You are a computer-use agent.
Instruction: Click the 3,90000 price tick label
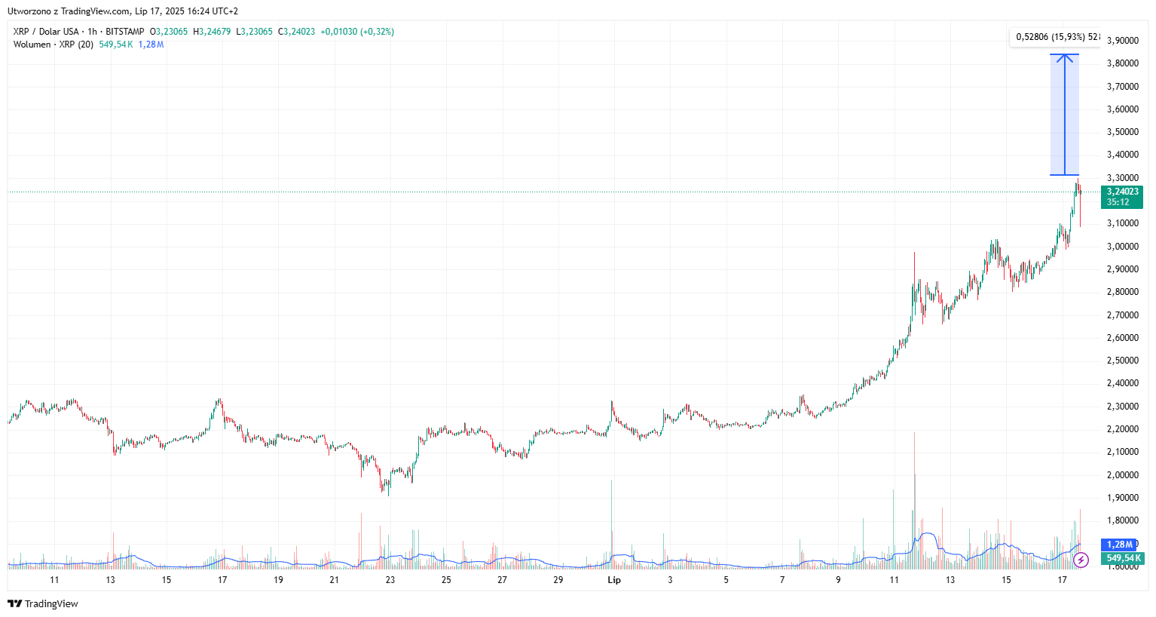pyautogui.click(x=1122, y=41)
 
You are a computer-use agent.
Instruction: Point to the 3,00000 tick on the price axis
pyautogui.click(x=1122, y=247)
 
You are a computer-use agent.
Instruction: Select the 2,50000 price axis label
pyautogui.click(x=1122, y=361)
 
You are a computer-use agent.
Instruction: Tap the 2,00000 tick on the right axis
pyautogui.click(x=1122, y=475)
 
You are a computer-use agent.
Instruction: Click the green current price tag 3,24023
pyautogui.click(x=1122, y=192)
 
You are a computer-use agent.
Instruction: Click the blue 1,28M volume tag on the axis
pyautogui.click(x=1119, y=545)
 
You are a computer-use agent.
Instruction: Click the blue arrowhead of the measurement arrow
pyautogui.click(x=1065, y=58)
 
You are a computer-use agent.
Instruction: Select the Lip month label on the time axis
pyautogui.click(x=614, y=580)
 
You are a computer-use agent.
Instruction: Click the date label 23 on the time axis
pyautogui.click(x=390, y=580)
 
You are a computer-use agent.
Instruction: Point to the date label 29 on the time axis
pyautogui.click(x=558, y=580)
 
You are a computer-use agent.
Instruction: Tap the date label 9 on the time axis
pyautogui.click(x=838, y=580)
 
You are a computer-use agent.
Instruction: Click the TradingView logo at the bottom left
pyautogui.click(x=43, y=603)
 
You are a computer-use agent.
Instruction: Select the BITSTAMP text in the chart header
pyautogui.click(x=124, y=32)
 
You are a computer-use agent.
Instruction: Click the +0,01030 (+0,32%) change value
pyautogui.click(x=357, y=32)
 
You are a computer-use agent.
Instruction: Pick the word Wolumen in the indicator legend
pyautogui.click(x=32, y=45)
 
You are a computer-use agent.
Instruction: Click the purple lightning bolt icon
pyautogui.click(x=1081, y=560)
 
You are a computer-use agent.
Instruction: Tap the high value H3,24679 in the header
pyautogui.click(x=212, y=32)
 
